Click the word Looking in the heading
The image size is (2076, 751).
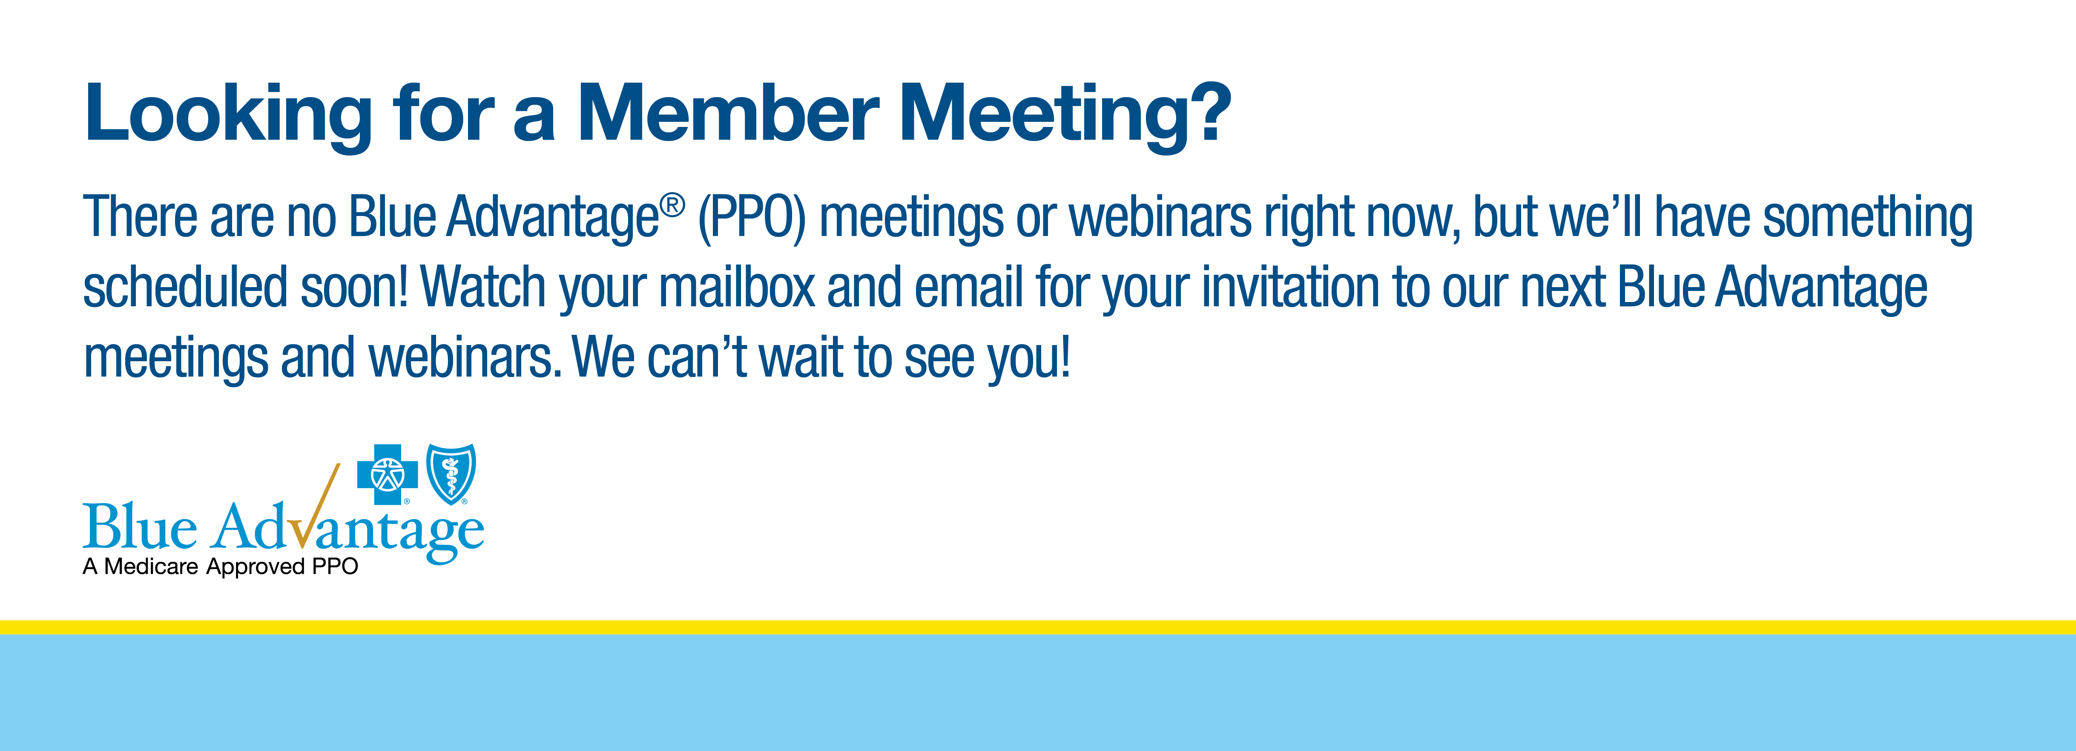[x=228, y=115]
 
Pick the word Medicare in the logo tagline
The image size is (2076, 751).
[x=152, y=567]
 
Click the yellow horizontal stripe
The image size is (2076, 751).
[x=1038, y=627]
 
